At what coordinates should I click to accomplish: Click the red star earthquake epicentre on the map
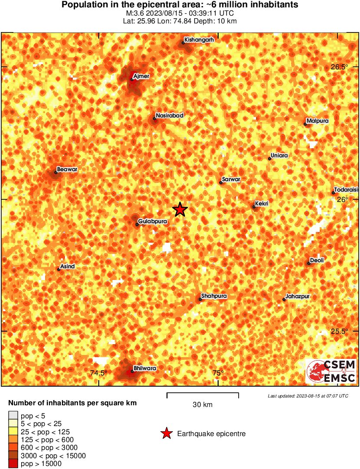click(x=180, y=209)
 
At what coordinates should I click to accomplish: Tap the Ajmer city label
click(x=142, y=76)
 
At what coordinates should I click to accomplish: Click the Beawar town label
click(x=67, y=169)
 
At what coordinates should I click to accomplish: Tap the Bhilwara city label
click(x=145, y=368)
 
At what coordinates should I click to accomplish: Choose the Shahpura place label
click(x=214, y=296)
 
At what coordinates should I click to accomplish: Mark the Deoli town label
click(x=317, y=261)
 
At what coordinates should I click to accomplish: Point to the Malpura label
click(x=317, y=121)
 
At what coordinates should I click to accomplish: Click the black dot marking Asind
click(x=59, y=270)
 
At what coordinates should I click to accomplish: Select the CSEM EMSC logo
click(x=331, y=371)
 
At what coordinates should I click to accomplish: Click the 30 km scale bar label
click(x=202, y=405)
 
